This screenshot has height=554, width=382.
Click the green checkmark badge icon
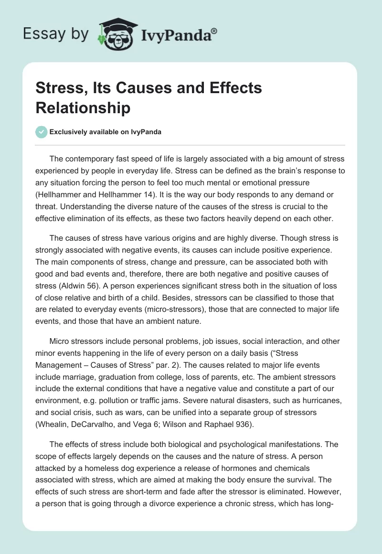pos(42,132)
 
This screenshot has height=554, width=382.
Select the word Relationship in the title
pos(83,108)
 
